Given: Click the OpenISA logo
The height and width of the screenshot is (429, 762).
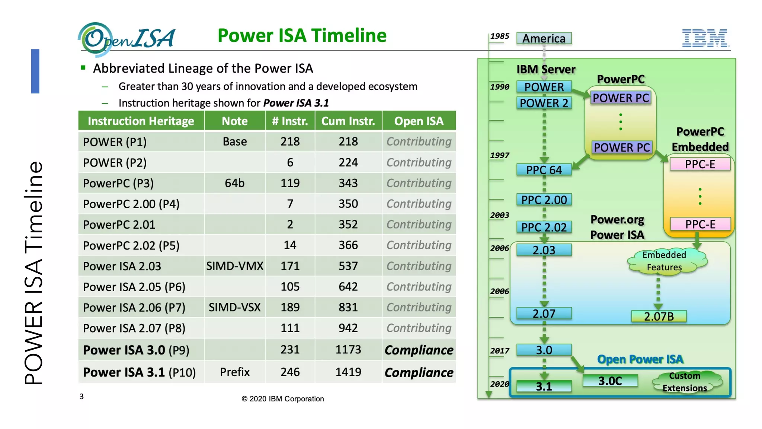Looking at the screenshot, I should coord(127,39).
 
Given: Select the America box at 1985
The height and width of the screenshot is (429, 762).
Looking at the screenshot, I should coord(544,38).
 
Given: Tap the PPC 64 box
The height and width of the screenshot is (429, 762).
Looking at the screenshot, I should coord(544,170).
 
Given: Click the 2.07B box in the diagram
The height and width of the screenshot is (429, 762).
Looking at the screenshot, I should coord(659,317).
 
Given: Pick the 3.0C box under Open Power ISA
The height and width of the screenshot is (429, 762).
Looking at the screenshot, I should coord(610,381).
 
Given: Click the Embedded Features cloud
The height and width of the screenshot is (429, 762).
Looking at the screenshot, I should coord(665,261).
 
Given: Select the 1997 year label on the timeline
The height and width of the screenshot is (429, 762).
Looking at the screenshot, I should coord(499,155).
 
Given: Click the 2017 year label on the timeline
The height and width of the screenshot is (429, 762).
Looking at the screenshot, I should coord(499,351).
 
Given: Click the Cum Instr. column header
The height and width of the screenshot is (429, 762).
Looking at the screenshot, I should coord(348,121).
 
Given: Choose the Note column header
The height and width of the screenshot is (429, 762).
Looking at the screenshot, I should coord(235,121).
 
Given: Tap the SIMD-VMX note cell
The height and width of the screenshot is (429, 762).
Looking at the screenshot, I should coord(235,266).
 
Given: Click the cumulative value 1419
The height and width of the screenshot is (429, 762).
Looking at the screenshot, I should coord(348,372).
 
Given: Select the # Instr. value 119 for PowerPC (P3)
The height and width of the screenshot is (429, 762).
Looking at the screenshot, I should coord(290,183).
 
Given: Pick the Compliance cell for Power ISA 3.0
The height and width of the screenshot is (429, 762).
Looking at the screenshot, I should coord(419,350).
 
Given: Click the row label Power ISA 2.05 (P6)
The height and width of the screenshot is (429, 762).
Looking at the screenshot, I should coord(134,287).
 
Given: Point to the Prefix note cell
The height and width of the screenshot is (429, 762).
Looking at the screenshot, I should coord(235,372).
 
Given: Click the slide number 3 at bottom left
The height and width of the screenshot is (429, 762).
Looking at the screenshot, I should coord(81,397).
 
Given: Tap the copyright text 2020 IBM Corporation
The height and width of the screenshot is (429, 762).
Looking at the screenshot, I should coord(283,399).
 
